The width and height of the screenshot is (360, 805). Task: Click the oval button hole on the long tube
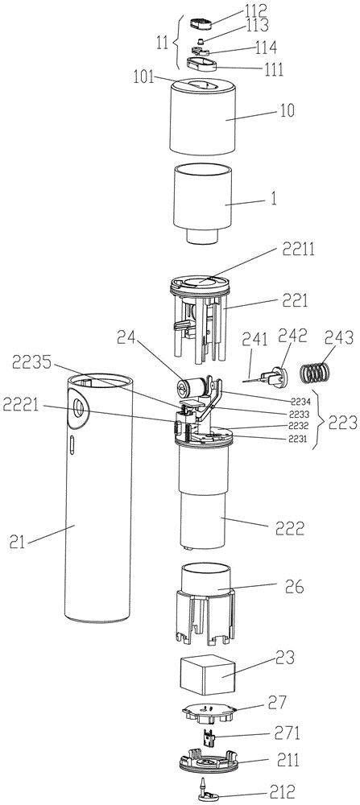78,410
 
